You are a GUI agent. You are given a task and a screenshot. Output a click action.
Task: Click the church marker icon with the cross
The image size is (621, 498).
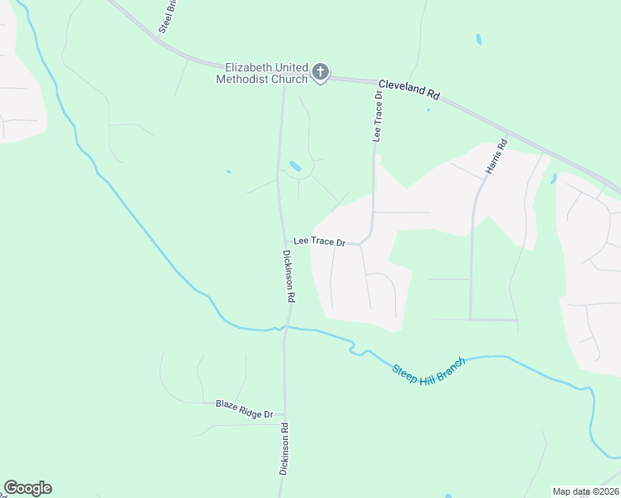320,73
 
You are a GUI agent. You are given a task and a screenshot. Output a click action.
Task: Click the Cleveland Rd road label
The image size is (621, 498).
408,90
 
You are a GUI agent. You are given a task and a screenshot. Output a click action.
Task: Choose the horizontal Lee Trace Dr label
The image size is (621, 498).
318,241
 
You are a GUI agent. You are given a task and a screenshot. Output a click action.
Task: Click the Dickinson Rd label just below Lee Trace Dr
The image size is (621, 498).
290,276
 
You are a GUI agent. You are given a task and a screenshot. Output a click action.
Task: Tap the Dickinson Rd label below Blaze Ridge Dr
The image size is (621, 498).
284,448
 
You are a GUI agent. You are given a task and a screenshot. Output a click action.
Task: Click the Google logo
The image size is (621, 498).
27,488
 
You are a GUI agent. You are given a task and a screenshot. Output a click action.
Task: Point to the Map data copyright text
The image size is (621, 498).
585,491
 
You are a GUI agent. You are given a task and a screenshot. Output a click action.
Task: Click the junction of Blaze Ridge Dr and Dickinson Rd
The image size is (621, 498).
284,413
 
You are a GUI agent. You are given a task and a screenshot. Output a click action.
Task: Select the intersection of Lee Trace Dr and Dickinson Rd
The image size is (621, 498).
282,242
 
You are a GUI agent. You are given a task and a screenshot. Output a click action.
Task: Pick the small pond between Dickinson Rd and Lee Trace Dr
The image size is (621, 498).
295,167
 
